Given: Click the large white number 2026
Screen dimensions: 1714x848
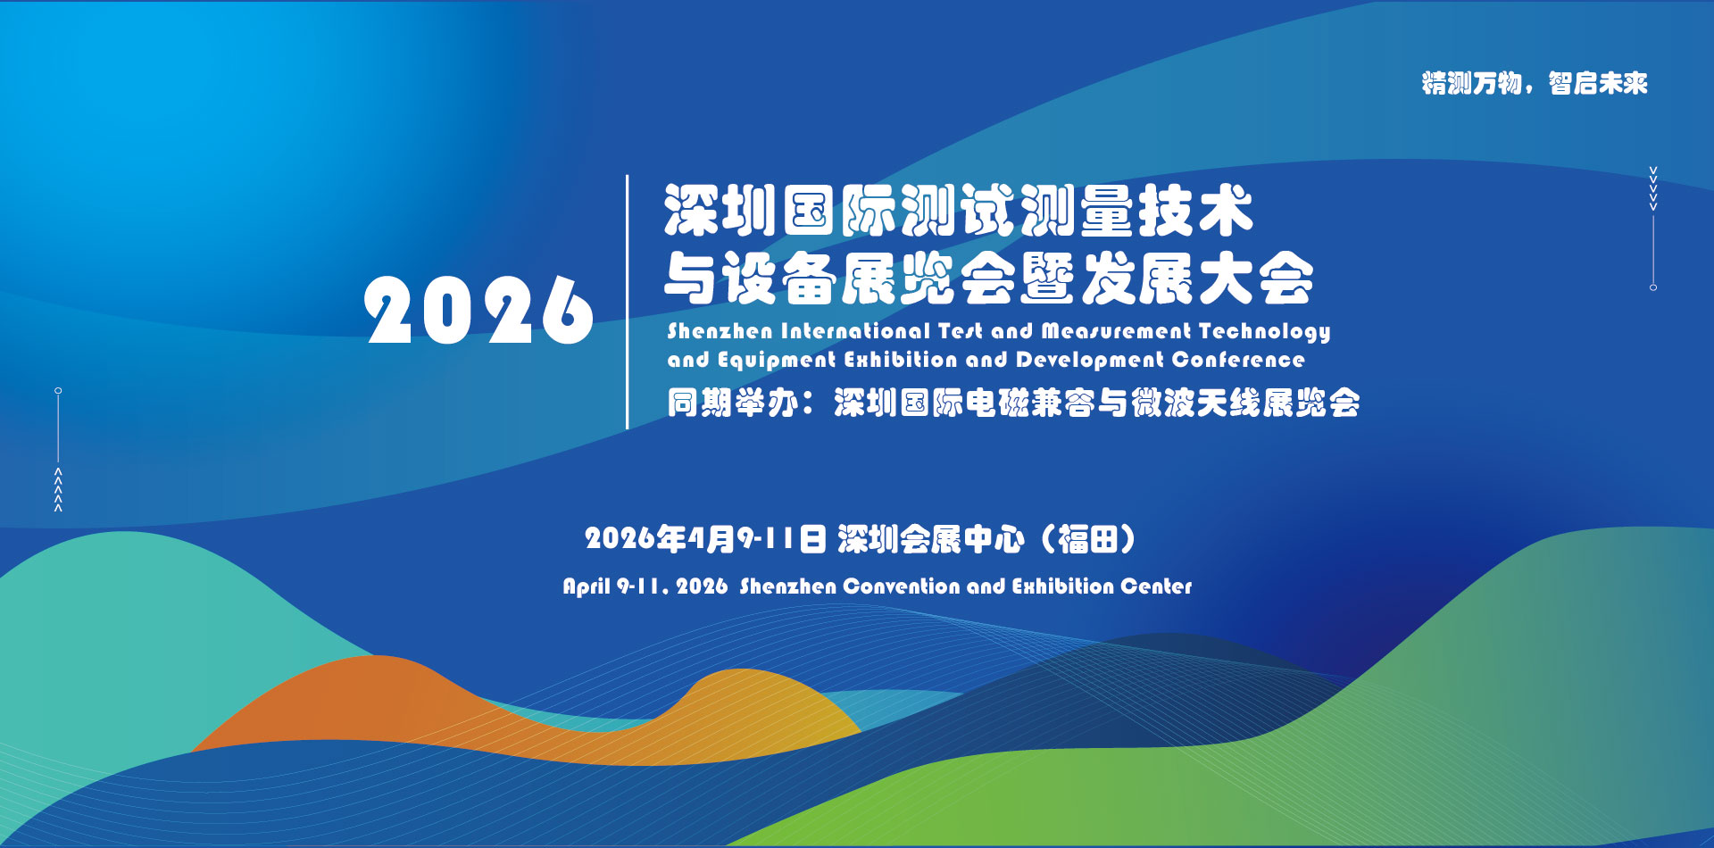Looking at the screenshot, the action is click(478, 310).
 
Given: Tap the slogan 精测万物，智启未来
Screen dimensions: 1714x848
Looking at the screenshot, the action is click(1535, 83).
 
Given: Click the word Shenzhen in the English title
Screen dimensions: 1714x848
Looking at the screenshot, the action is click(720, 331).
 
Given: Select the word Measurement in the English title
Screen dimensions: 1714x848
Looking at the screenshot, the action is click(1116, 331).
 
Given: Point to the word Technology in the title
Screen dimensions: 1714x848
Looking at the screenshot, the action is click(1264, 332).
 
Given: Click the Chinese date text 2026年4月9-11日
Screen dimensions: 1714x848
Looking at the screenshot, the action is click(705, 539).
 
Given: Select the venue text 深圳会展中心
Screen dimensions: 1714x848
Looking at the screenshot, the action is click(930, 539).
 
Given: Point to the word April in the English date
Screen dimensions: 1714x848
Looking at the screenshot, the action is click(587, 586).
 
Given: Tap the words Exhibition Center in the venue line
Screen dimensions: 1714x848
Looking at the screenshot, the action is click(1102, 586).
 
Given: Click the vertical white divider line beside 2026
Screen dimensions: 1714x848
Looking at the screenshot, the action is click(628, 302).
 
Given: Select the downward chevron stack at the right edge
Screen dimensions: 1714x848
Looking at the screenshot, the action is click(1653, 188).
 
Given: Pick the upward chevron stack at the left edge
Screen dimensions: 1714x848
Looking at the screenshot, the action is click(58, 489).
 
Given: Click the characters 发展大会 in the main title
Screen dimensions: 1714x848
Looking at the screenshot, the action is click(1198, 279).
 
